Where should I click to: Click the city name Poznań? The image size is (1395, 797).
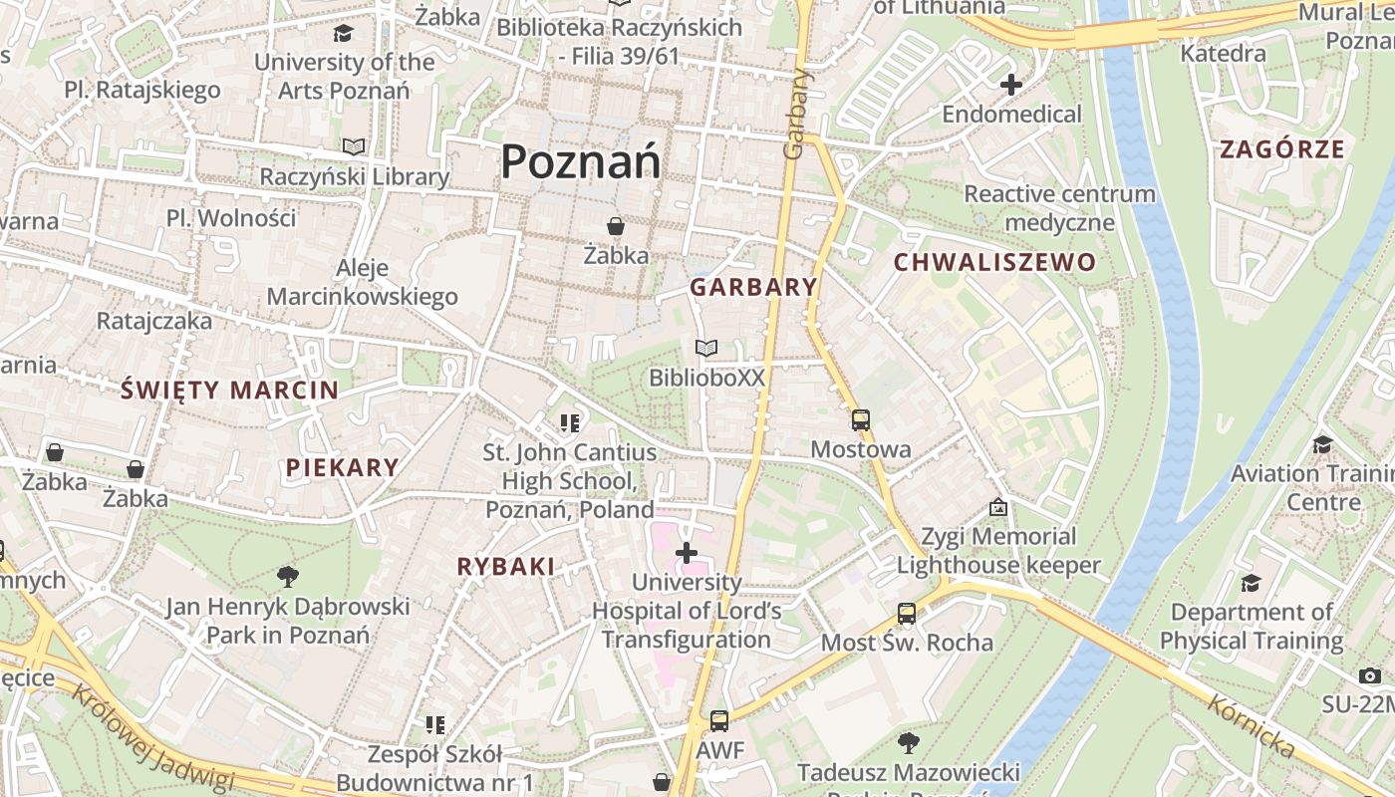pyautogui.click(x=580, y=161)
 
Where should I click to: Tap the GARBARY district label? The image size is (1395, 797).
pyautogui.click(x=753, y=288)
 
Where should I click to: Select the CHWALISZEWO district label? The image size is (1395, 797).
pyautogui.click(x=994, y=263)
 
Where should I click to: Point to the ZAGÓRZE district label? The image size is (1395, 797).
pyautogui.click(x=1282, y=150)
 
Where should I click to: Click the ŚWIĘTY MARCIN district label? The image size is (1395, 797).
pyautogui.click(x=229, y=390)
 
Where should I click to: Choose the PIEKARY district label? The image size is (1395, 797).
pyautogui.click(x=342, y=467)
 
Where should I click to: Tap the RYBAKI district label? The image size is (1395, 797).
pyautogui.click(x=505, y=567)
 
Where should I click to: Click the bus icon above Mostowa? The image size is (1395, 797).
pyautogui.click(x=861, y=420)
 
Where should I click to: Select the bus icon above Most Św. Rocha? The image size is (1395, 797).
pyautogui.click(x=907, y=614)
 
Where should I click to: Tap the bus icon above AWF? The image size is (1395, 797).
pyautogui.click(x=719, y=721)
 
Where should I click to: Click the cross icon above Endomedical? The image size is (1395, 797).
pyautogui.click(x=1011, y=85)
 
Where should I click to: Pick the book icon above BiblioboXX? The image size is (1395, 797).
pyautogui.click(x=706, y=349)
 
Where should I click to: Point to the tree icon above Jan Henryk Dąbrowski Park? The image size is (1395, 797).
pyautogui.click(x=288, y=576)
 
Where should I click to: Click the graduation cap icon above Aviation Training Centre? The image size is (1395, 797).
pyautogui.click(x=1323, y=444)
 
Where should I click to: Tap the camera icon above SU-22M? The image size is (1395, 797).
pyautogui.click(x=1370, y=676)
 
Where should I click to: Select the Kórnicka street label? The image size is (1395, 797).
pyautogui.click(x=1251, y=726)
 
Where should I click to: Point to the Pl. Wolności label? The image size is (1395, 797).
pyautogui.click(x=231, y=218)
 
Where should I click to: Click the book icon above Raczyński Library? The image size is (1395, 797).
pyautogui.click(x=354, y=147)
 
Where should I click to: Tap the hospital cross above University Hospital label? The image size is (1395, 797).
pyautogui.click(x=687, y=552)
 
